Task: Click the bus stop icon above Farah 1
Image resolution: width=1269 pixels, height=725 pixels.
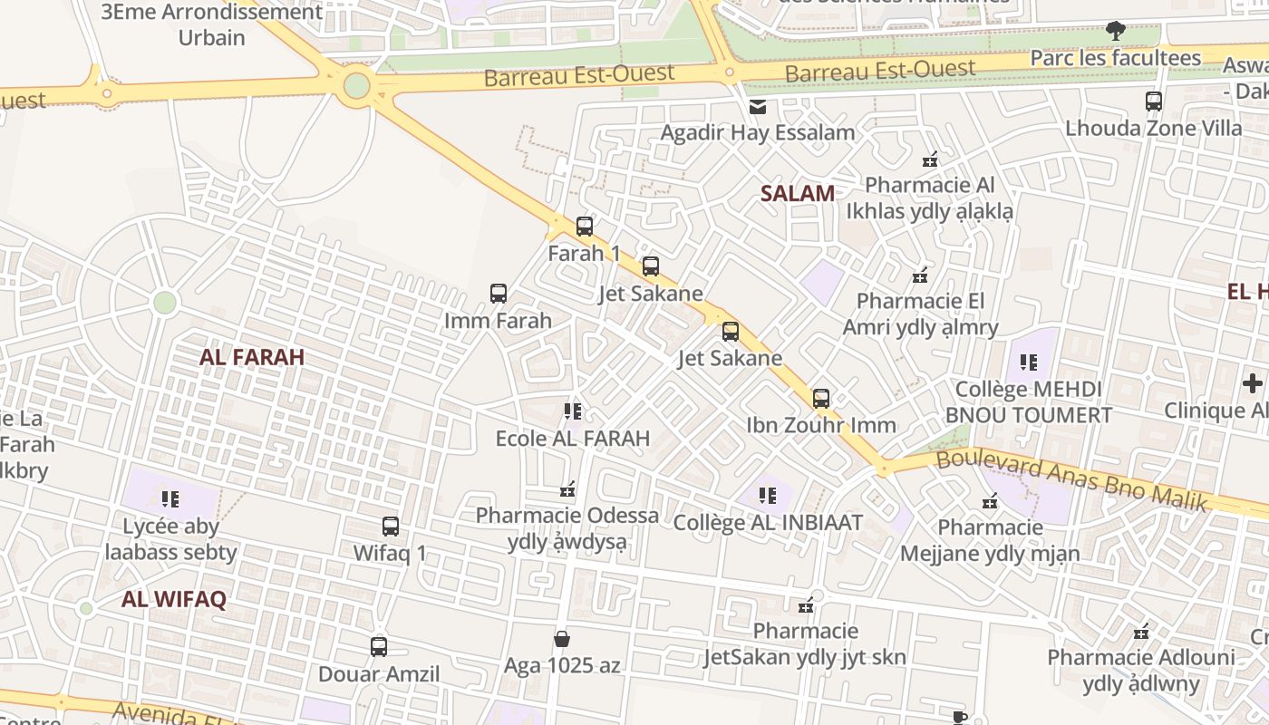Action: pyautogui.click(x=585, y=227)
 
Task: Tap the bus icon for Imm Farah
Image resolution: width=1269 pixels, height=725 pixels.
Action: pyautogui.click(x=499, y=294)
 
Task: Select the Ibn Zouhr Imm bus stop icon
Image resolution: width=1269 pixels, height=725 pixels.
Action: pyautogui.click(x=821, y=399)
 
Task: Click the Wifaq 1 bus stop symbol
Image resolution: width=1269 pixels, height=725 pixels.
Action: pyautogui.click(x=391, y=527)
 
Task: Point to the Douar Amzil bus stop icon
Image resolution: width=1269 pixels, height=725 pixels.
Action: pyautogui.click(x=379, y=647)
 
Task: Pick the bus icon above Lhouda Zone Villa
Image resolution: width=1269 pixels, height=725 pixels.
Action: pyautogui.click(x=1154, y=101)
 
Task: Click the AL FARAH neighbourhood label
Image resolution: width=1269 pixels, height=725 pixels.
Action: pyautogui.click(x=252, y=357)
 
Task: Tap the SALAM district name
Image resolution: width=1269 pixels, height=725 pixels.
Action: pyautogui.click(x=798, y=193)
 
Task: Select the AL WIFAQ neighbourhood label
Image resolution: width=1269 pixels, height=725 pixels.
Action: pyautogui.click(x=174, y=599)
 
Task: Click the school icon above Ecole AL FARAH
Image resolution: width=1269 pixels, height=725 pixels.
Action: pyautogui.click(x=573, y=411)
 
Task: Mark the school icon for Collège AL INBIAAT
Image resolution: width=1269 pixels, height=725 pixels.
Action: pyautogui.click(x=768, y=496)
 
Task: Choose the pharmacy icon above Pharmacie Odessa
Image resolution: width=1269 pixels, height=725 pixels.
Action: pyautogui.click(x=567, y=489)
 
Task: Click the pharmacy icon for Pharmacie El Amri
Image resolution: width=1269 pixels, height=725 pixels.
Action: pyautogui.click(x=920, y=275)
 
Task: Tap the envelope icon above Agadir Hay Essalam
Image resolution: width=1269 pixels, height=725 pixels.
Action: pyautogui.click(x=758, y=107)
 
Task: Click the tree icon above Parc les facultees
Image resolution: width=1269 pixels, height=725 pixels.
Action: pyautogui.click(x=1116, y=32)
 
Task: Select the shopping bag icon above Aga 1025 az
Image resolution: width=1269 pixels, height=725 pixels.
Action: pyautogui.click(x=562, y=639)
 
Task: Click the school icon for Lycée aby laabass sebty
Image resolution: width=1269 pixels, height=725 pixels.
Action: pyautogui.click(x=170, y=499)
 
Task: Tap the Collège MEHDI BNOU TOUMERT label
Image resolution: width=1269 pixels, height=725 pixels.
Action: pyautogui.click(x=1028, y=402)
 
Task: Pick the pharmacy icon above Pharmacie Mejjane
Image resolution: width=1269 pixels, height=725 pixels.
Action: pyautogui.click(x=990, y=501)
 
